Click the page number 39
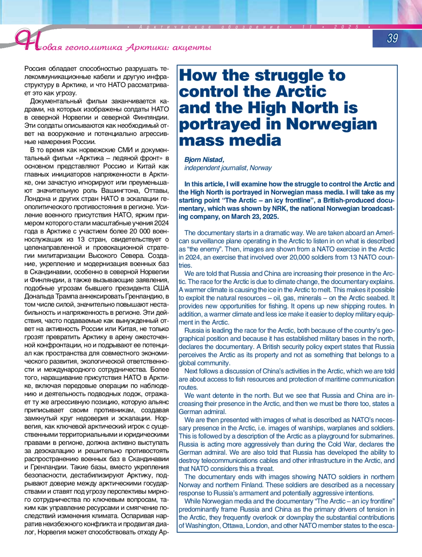click(392, 38)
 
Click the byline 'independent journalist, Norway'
click(228, 168)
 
